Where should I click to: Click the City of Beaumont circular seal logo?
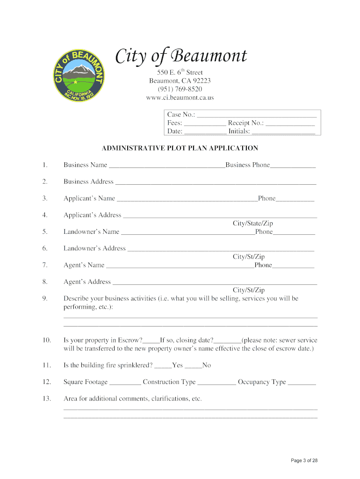pyautogui.click(x=78, y=75)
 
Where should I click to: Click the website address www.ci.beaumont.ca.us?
pyautogui.click(x=180, y=98)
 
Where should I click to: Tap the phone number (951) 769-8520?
pyautogui.click(x=180, y=89)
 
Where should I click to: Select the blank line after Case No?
pyautogui.click(x=257, y=115)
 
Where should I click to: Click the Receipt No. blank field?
pyautogui.click(x=290, y=123)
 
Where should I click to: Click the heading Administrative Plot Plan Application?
pyautogui.click(x=180, y=148)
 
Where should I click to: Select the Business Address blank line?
pyautogui.click(x=216, y=182)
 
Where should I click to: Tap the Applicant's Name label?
pyautogui.click(x=89, y=198)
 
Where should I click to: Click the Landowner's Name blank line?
pyautogui.click(x=187, y=232)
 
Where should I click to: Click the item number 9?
pyautogui.click(x=45, y=298)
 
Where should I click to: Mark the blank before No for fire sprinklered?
pyautogui.click(x=193, y=366)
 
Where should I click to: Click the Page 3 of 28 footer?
pyautogui.click(x=304, y=461)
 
